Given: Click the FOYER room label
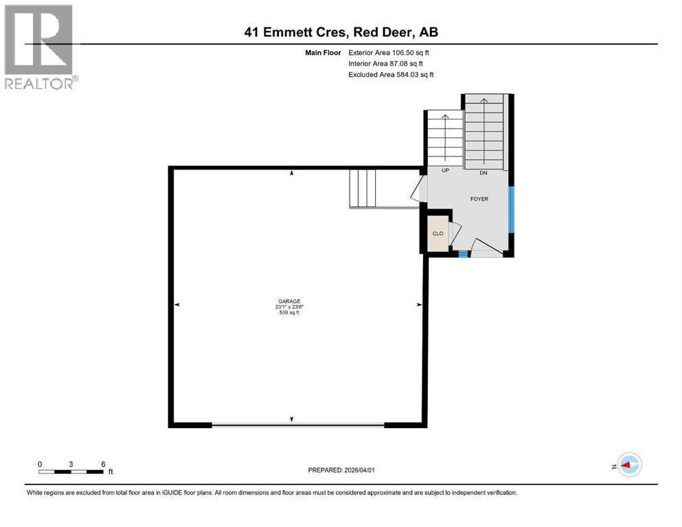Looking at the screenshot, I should click(479, 199).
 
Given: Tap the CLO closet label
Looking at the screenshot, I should click(437, 233).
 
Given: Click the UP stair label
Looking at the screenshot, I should click(445, 170).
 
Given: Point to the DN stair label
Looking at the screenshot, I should click(484, 172).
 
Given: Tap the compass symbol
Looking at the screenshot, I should click(628, 465).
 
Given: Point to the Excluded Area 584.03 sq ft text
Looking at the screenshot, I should click(391, 74).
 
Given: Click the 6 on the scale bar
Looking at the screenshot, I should click(103, 464).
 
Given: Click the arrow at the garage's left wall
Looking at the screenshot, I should click(177, 305).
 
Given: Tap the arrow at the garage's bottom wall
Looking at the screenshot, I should click(293, 419).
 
